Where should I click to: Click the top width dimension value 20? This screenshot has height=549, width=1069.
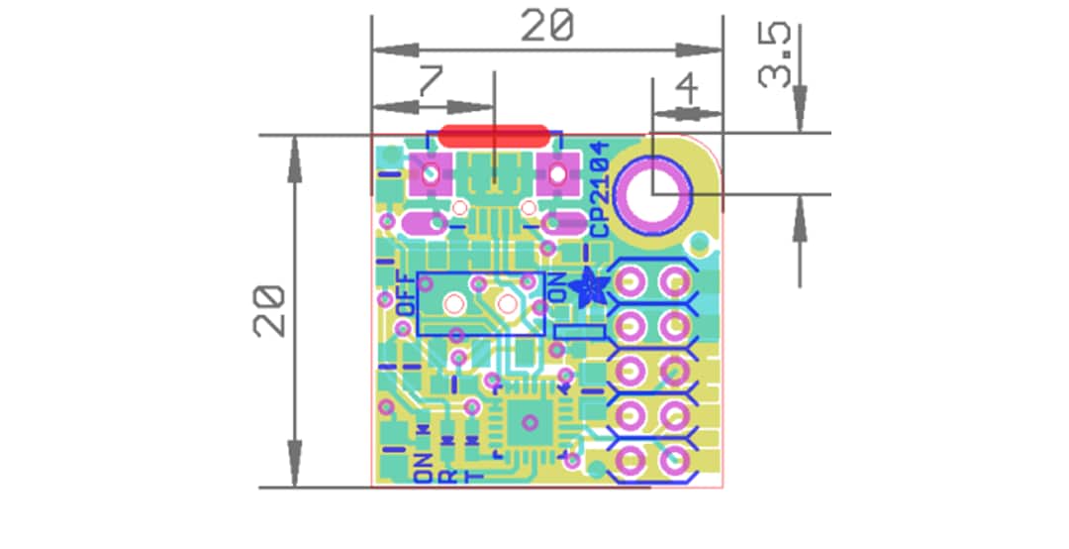pyautogui.click(x=547, y=27)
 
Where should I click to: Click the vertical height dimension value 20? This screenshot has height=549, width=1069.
pyautogui.click(x=269, y=311)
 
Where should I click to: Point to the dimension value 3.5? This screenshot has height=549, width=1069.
pyautogui.click(x=776, y=56)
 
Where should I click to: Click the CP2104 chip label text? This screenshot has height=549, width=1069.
pyautogui.click(x=599, y=188)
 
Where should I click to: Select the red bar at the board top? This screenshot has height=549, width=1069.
pyautogui.click(x=493, y=136)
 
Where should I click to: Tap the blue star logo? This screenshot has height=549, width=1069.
pyautogui.click(x=594, y=288)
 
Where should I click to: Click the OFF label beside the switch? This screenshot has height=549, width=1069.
pyautogui.click(x=404, y=293)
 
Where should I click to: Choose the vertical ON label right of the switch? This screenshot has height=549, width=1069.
pyautogui.click(x=557, y=287)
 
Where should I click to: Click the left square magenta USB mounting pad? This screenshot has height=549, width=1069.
pyautogui.click(x=431, y=174)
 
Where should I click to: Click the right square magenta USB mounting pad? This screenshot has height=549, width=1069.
pyautogui.click(x=557, y=174)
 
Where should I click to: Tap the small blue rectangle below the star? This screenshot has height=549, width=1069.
pyautogui.click(x=580, y=332)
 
